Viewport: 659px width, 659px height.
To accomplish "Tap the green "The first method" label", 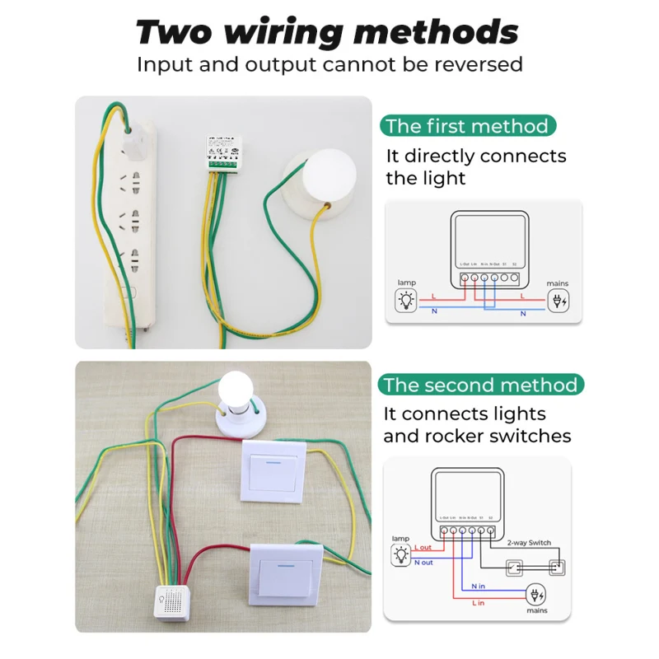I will coord(467,126).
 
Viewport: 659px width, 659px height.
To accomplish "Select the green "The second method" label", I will coord(481,385).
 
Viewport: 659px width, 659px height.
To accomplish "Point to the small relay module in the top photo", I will coord(223,155).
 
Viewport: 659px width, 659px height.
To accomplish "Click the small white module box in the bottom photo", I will coord(175,601).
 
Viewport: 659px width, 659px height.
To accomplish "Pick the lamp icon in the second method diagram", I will coord(401,554).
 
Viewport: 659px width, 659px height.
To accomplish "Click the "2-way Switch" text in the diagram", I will coord(530,543).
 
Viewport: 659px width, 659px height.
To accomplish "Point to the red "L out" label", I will coord(423,547).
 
